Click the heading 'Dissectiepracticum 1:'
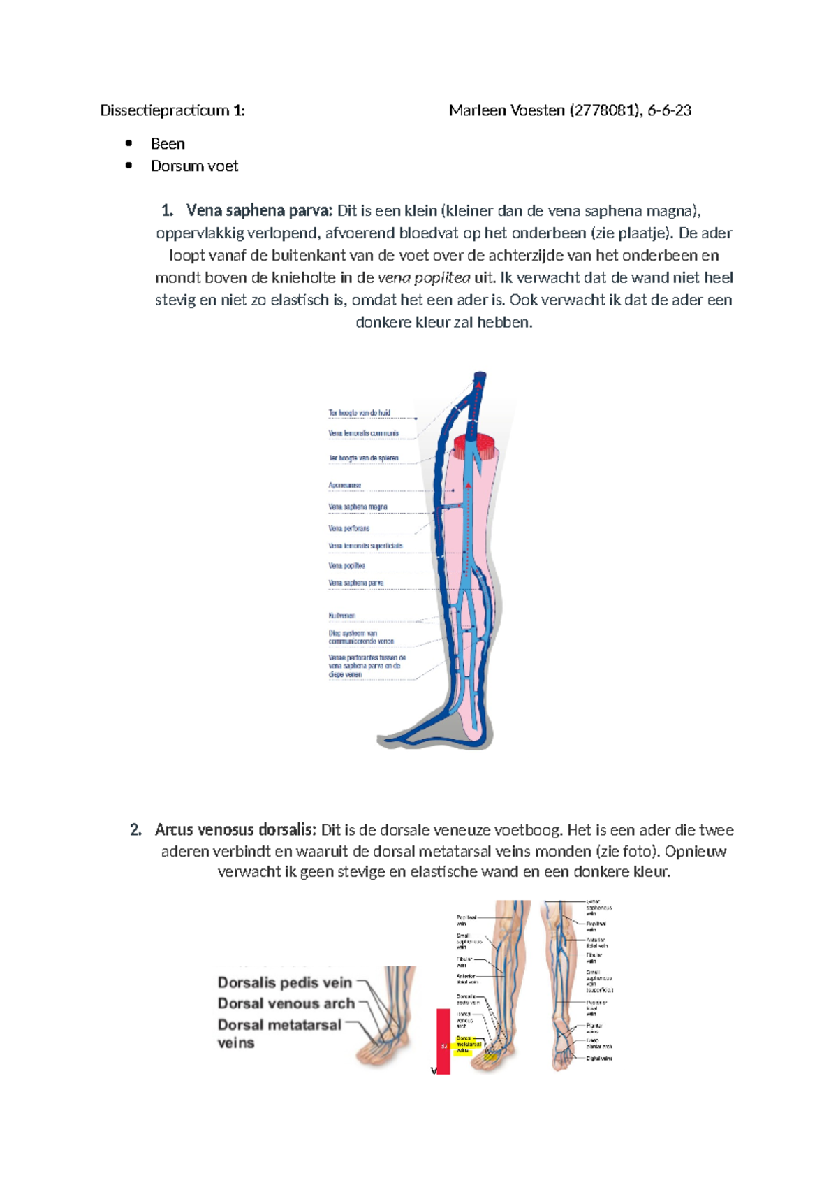[172, 110]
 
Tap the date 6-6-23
[669, 110]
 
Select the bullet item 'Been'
[168, 144]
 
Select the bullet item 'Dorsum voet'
[194, 166]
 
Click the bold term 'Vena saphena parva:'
[259, 211]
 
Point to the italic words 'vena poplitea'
[424, 278]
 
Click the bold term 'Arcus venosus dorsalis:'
[235, 830]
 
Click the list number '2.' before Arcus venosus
[136, 830]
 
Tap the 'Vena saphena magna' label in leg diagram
[358, 507]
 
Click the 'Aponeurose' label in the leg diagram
[345, 485]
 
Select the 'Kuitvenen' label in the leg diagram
[342, 616]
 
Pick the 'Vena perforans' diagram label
[348, 529]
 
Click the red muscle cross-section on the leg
[475, 445]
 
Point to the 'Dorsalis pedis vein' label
[285, 983]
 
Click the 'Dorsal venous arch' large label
[286, 1004]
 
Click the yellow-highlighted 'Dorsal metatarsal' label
[469, 1045]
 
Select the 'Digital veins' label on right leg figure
[599, 1059]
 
